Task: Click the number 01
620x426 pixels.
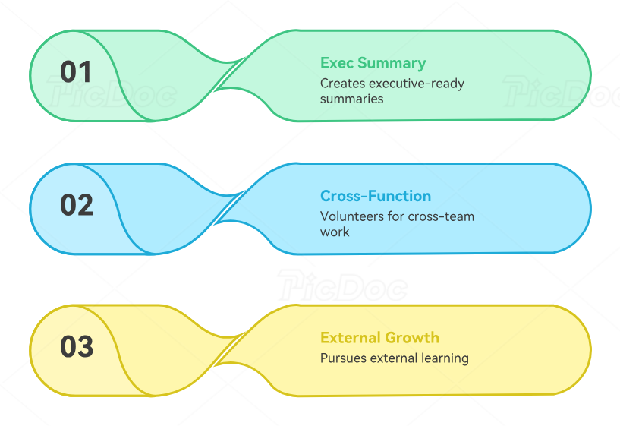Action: pos(76,72)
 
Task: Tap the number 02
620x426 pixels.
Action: pos(76,206)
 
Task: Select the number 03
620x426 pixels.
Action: pos(76,347)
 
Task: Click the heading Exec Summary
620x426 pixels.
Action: pos(373,63)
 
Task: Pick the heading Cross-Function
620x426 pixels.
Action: pos(375,196)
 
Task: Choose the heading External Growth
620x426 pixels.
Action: pos(379,338)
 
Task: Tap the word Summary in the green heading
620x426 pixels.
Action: pos(392,63)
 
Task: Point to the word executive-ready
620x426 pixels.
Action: pos(416,84)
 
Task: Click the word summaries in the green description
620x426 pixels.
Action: pos(351,99)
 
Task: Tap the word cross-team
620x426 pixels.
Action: pos(441,216)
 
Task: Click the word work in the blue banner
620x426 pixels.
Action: pos(335,232)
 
